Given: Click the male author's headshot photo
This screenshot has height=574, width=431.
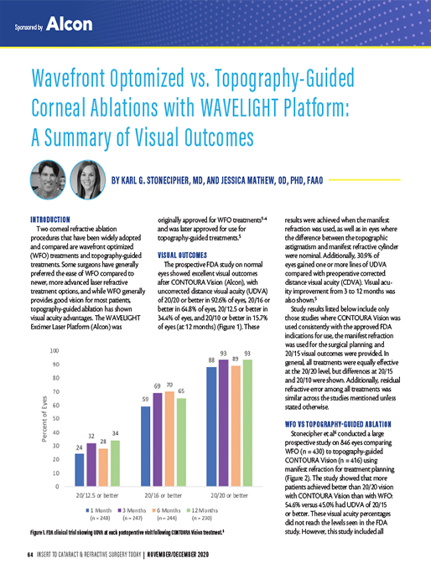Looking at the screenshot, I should [x=47, y=178].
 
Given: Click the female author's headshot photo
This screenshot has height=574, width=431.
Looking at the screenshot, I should [x=86, y=178].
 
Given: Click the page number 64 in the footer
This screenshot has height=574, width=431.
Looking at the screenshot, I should [x=29, y=556].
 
